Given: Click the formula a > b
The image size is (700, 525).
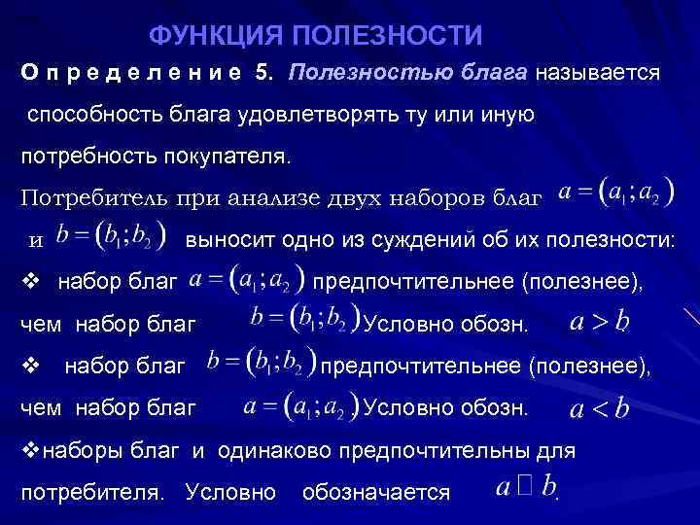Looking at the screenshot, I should pos(599,322).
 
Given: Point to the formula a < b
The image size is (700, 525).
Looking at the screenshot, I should pos(599,407).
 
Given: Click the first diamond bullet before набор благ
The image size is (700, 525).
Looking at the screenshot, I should pos(29,283).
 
